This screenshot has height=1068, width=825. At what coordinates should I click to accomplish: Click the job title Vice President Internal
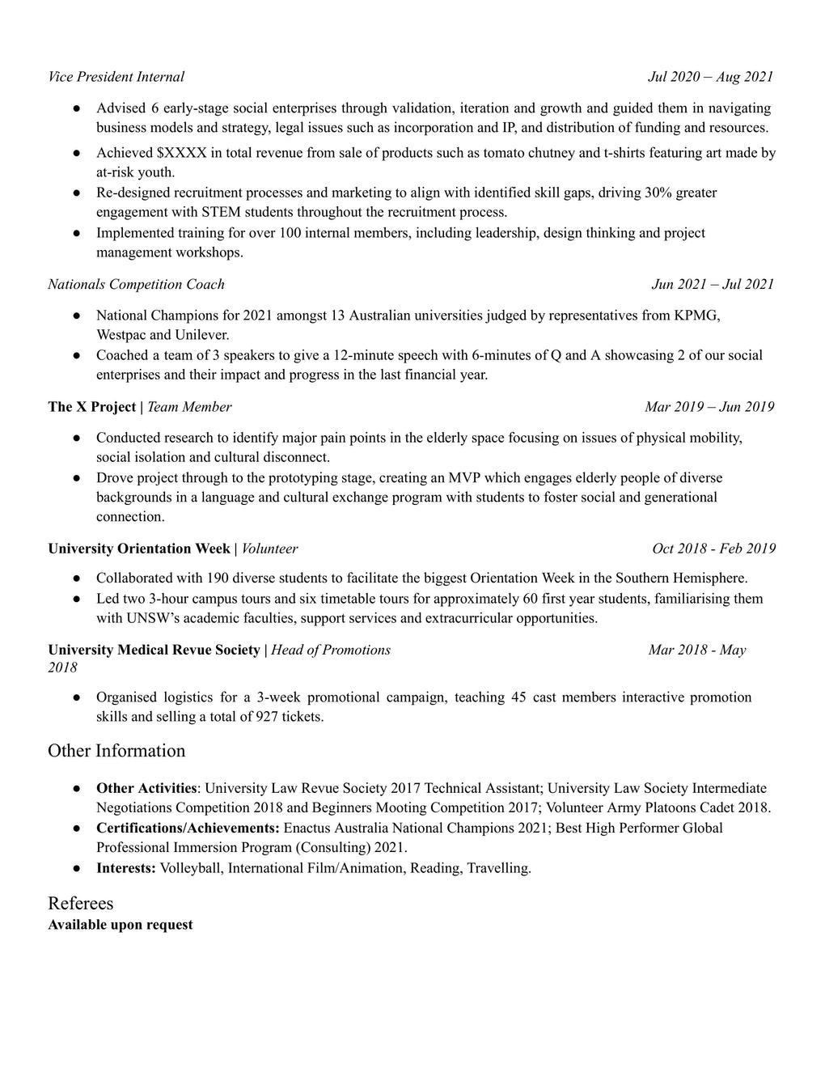[x=116, y=77]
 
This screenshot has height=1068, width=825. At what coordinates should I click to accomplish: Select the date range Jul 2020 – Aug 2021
[x=710, y=77]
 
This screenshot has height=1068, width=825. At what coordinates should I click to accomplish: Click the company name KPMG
[x=696, y=315]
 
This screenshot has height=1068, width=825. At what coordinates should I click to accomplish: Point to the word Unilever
[x=202, y=334]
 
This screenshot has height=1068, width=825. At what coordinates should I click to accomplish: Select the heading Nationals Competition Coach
[x=136, y=284]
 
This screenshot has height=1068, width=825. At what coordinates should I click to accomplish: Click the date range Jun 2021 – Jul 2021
[x=712, y=284]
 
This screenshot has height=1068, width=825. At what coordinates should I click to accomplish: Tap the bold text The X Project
[x=91, y=406]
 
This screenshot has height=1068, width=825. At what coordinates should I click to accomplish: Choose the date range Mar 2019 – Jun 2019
[x=709, y=406]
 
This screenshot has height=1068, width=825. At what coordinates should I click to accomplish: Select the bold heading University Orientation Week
[x=138, y=549]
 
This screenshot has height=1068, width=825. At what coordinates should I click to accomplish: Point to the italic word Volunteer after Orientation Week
[x=269, y=549]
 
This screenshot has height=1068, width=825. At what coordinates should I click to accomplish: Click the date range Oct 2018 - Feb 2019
[x=713, y=549]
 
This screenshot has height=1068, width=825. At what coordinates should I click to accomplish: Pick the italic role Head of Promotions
[x=330, y=650]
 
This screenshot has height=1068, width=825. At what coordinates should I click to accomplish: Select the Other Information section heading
[x=116, y=751]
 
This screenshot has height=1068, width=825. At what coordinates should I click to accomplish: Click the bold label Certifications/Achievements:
[x=188, y=828]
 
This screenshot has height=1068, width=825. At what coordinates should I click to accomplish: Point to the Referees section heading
[x=80, y=903]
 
